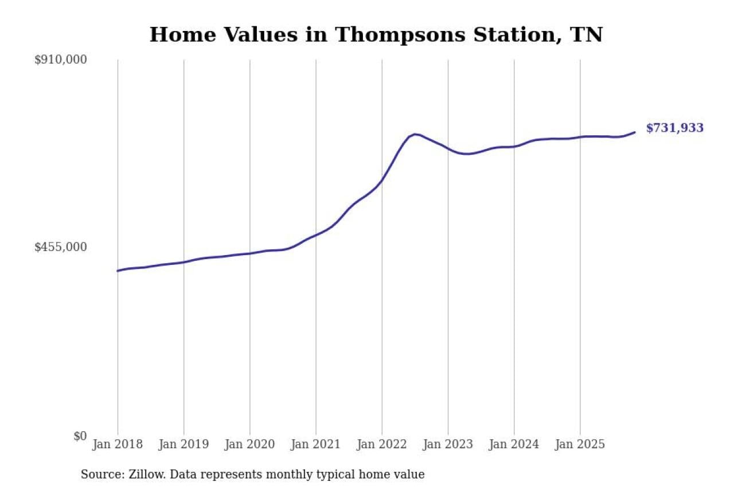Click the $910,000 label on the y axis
(61, 60)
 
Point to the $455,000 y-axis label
(61, 247)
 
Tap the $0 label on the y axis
(79, 436)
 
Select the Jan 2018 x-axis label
(118, 444)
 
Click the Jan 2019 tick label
(183, 444)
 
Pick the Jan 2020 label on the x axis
(249, 444)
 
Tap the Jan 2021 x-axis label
(315, 444)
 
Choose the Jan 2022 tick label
(382, 444)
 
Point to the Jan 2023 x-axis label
(448, 444)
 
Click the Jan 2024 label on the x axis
(514, 444)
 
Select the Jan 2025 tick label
(580, 444)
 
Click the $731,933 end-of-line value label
(674, 128)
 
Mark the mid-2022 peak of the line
(415, 134)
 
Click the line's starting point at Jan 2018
(118, 271)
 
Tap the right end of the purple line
(634, 132)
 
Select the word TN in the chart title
(586, 35)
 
